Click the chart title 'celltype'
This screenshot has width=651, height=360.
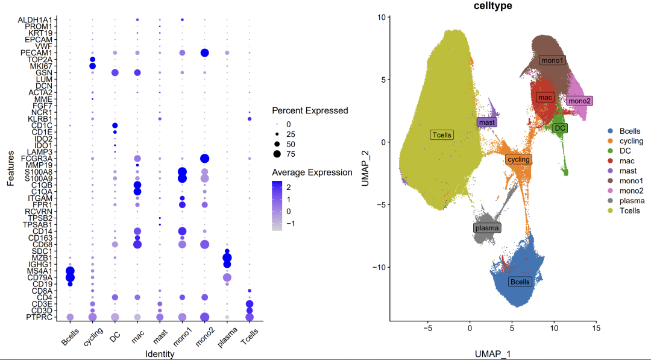(x=493, y=5)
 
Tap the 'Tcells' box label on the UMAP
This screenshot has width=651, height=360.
(x=442, y=135)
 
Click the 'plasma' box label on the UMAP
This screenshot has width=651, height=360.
(x=487, y=228)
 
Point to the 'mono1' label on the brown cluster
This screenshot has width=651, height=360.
(x=552, y=60)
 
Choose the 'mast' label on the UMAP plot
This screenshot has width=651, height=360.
(x=487, y=122)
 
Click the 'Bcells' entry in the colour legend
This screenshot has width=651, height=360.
(x=629, y=131)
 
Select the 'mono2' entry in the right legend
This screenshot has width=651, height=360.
(x=630, y=190)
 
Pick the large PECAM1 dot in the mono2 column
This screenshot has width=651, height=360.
(x=204, y=53)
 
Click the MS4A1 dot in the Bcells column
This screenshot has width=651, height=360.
(x=70, y=271)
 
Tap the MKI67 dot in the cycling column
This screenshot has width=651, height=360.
(x=93, y=66)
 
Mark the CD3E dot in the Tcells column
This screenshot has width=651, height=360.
(x=250, y=304)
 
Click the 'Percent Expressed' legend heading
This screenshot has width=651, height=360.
(x=310, y=111)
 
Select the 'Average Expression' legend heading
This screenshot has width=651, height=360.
(x=312, y=172)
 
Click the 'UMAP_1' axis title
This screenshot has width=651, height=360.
(x=493, y=353)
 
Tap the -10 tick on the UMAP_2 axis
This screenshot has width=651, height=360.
(x=379, y=267)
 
